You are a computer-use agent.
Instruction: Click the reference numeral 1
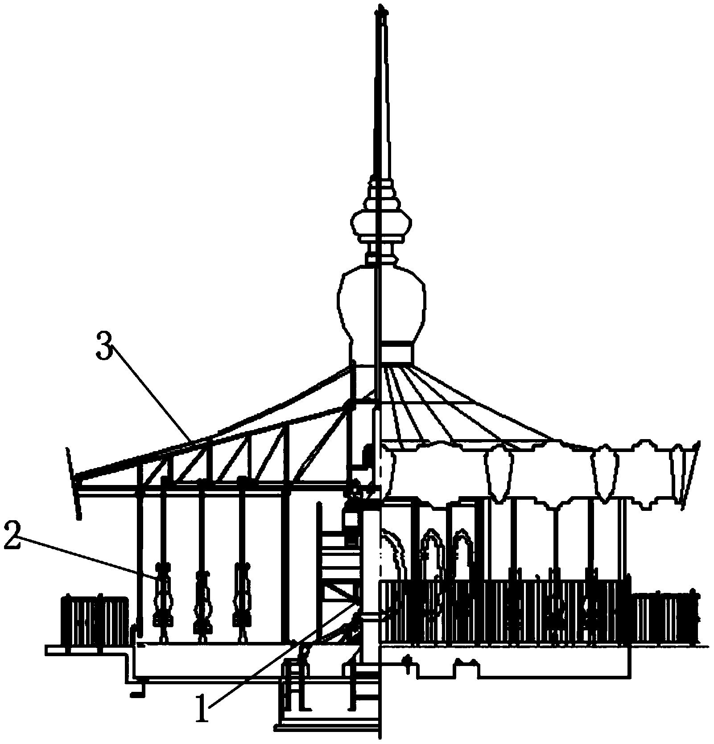click(203, 709)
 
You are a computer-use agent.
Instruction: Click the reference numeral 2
click(12, 538)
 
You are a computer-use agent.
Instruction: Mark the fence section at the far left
click(95, 620)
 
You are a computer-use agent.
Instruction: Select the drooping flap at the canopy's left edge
click(74, 484)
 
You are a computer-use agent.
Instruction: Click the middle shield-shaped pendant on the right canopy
click(604, 473)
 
